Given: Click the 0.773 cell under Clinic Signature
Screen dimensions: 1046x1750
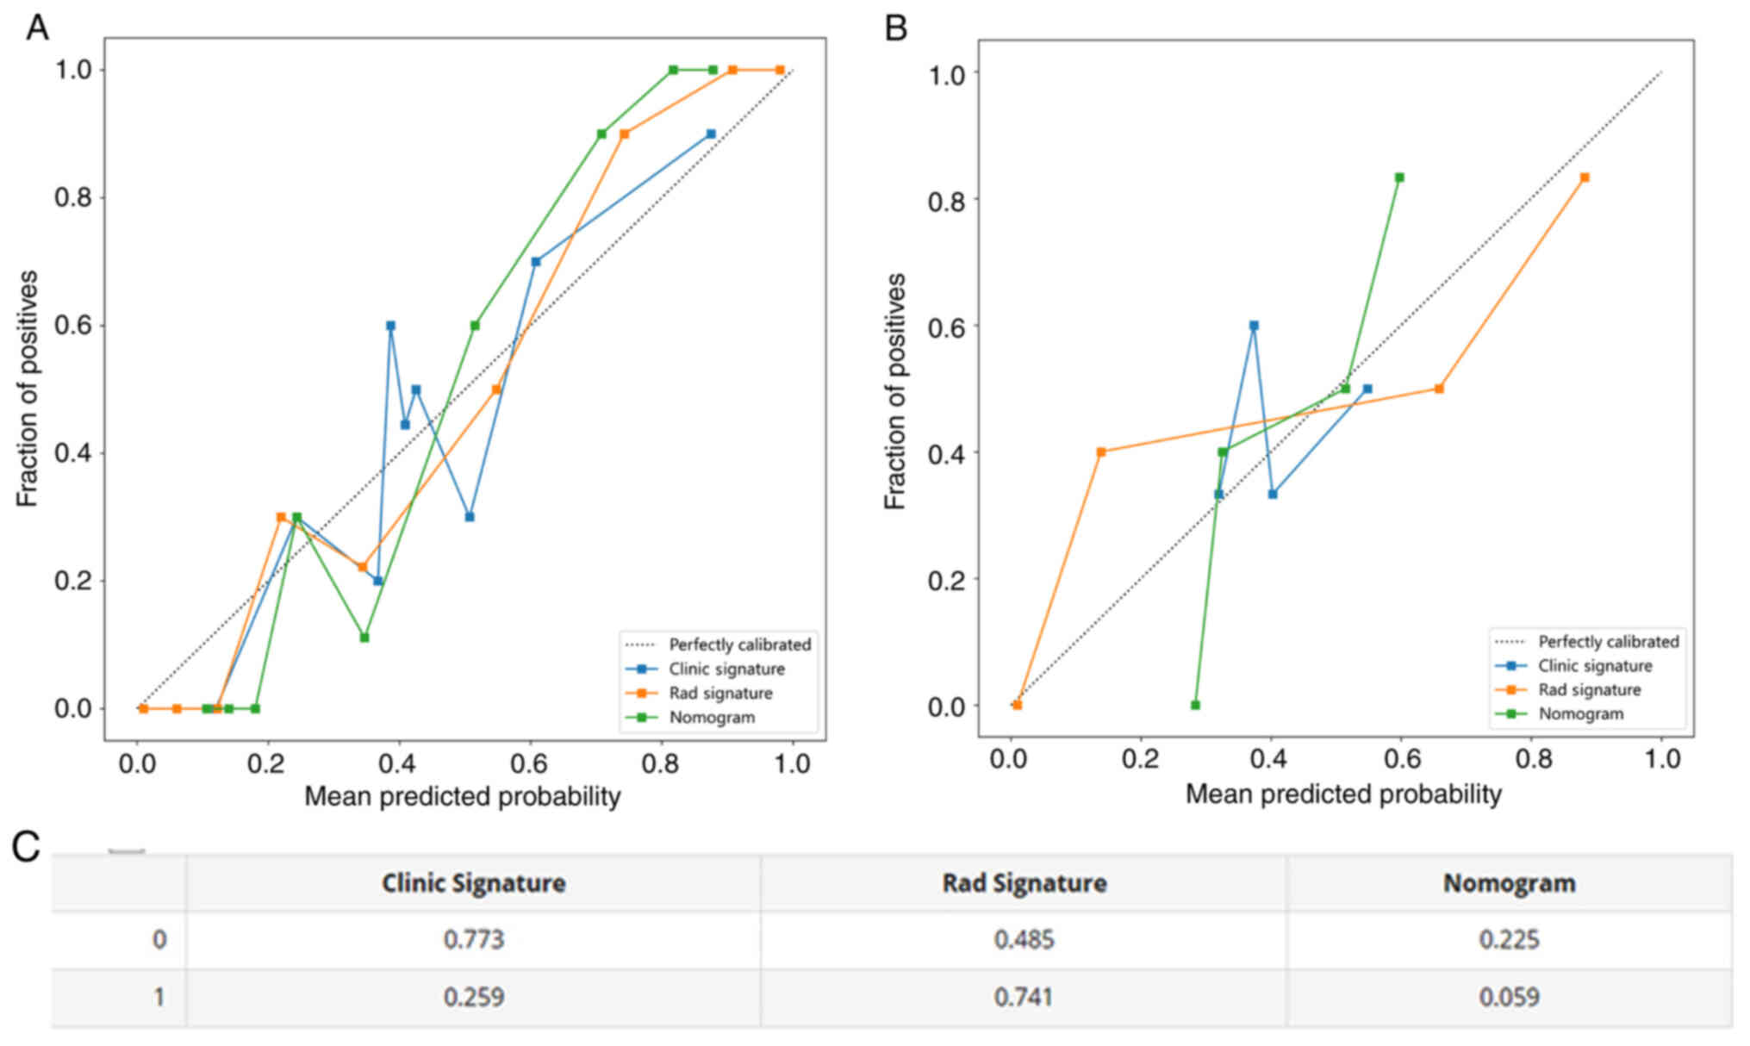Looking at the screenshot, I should click(x=473, y=939).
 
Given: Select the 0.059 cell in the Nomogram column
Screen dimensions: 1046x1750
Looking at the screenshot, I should click(x=1509, y=997).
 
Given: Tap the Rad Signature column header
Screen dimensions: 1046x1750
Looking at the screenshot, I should click(x=1024, y=883).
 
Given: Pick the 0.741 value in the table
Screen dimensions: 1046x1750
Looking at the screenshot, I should click(x=1024, y=997).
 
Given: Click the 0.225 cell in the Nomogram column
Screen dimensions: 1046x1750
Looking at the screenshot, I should click(x=1509, y=939).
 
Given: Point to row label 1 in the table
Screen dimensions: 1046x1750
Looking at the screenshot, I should click(x=159, y=997).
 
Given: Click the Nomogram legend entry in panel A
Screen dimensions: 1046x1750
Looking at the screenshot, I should click(x=712, y=718).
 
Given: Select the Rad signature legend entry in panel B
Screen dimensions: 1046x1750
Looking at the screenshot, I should click(x=1589, y=690).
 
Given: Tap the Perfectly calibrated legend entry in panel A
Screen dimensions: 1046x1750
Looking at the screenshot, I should click(x=739, y=644).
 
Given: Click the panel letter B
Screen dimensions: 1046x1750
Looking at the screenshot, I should click(x=896, y=28).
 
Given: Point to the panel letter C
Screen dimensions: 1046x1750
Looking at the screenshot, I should click(x=26, y=847).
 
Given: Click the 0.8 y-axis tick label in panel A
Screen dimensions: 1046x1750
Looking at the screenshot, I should click(x=73, y=197).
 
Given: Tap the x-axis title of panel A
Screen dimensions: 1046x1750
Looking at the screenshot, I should click(x=463, y=796).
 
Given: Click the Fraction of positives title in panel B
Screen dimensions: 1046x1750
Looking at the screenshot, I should click(x=895, y=391).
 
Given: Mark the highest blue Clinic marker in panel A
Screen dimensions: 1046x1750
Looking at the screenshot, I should click(x=711, y=134).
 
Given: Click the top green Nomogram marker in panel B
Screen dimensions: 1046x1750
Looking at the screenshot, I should click(x=1399, y=177).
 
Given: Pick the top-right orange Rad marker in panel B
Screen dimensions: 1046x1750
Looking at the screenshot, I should click(x=1585, y=177).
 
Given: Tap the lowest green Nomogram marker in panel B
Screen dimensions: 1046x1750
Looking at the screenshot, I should click(x=1195, y=705).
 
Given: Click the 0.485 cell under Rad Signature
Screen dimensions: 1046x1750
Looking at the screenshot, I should click(x=1024, y=939).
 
